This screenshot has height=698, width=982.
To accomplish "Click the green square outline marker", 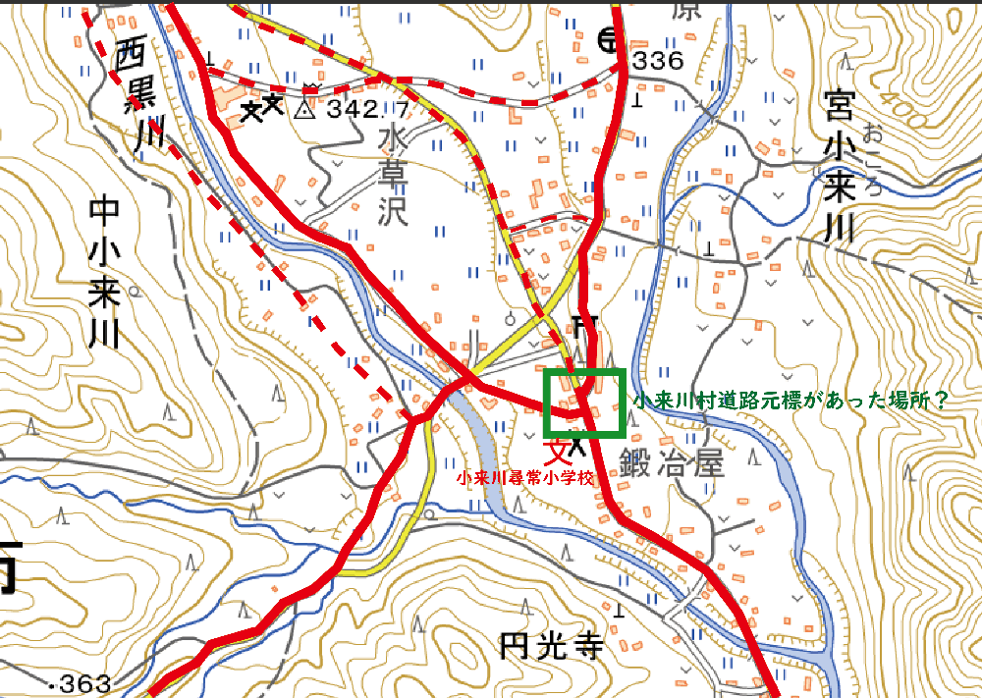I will tap(585, 403).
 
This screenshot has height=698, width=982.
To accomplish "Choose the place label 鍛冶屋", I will tap(671, 461).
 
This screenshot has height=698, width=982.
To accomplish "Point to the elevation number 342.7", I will tap(367, 108).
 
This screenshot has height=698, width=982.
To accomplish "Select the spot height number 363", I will tap(85, 683).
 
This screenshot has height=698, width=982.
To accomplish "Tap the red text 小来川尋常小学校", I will tap(525, 478).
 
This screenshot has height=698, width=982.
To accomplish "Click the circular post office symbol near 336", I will tap(609, 40).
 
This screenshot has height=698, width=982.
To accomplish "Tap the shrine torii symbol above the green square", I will tap(586, 324).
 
